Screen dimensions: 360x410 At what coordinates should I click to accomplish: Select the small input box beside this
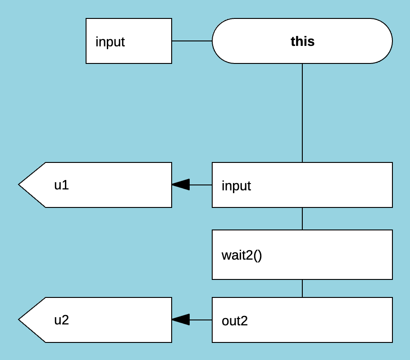click(x=129, y=41)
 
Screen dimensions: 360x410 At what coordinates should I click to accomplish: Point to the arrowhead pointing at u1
click(x=180, y=185)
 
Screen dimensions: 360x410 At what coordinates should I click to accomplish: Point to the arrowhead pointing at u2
click(x=180, y=320)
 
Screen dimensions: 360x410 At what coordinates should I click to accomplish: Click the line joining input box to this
click(x=192, y=41)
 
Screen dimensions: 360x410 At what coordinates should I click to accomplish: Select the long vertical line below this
click(x=302, y=112)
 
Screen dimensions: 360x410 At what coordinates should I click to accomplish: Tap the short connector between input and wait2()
click(x=302, y=219)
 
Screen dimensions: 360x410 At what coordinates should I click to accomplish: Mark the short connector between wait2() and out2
click(x=302, y=288)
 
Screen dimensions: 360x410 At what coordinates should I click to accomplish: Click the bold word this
click(x=302, y=41)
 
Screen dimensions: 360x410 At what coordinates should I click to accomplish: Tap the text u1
click(x=61, y=185)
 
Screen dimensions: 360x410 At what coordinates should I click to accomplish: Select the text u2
click(x=61, y=320)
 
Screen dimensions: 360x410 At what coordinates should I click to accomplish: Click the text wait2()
click(x=241, y=255)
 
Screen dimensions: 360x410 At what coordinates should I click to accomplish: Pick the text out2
click(x=235, y=321)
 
